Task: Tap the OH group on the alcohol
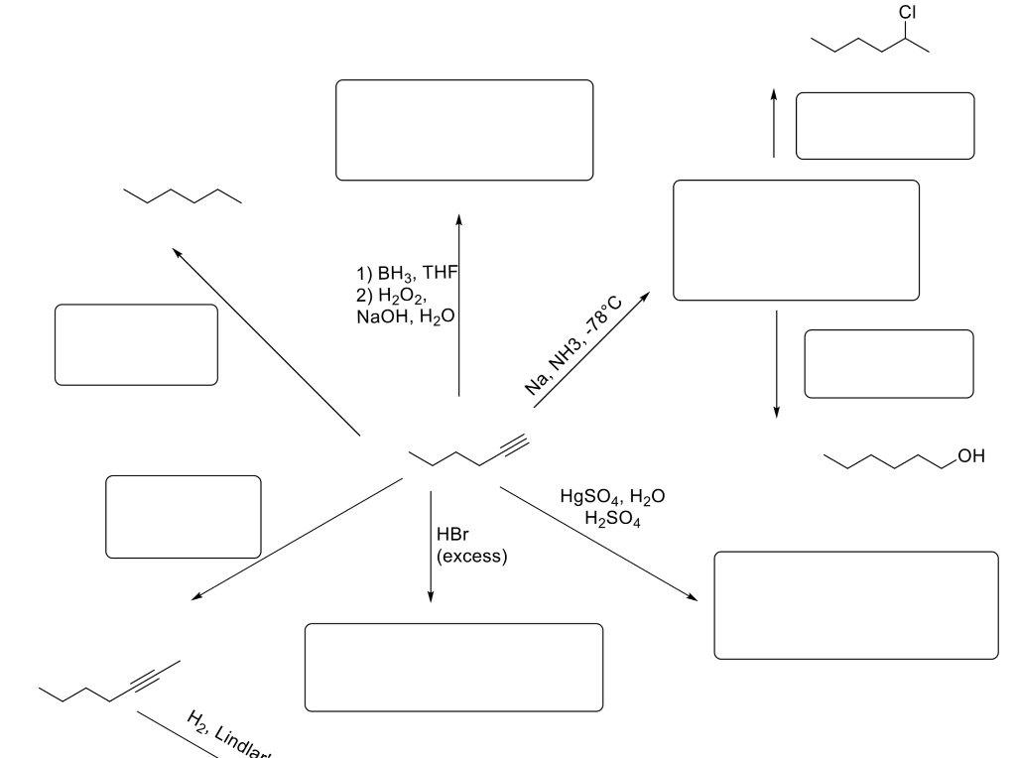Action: pos(970,456)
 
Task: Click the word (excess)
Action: pos(471,557)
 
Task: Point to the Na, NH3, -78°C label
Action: pos(574,347)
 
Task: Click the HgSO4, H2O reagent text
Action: pos(612,497)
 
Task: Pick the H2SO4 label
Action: pos(612,519)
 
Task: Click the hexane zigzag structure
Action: pos(182,195)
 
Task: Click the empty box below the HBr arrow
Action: pos(453,668)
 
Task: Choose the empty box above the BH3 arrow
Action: pos(464,130)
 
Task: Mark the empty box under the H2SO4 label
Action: pos(856,605)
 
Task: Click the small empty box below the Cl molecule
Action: pos(885,126)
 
